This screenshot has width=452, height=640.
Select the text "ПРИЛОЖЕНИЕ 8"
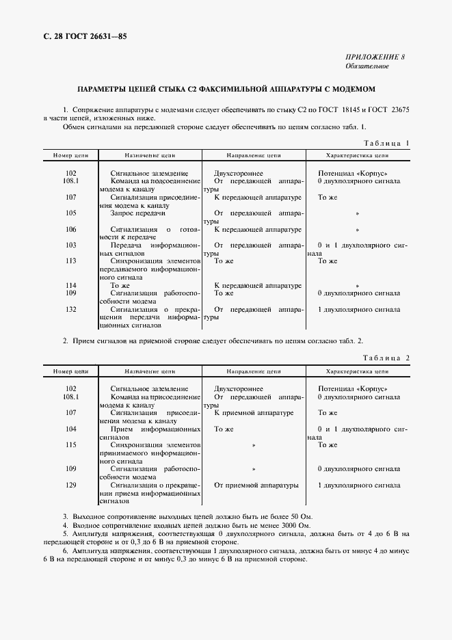click(375, 57)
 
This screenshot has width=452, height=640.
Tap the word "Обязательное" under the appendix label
click(367, 66)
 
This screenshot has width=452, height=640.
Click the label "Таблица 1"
click(386, 144)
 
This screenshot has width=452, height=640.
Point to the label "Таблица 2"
click(386, 358)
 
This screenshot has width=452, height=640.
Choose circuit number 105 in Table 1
click(71, 213)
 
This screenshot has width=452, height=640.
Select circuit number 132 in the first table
click(71, 309)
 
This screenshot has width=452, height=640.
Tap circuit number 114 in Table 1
click(71, 285)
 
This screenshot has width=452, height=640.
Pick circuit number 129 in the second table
click(71, 485)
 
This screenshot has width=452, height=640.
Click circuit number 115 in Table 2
click(71, 444)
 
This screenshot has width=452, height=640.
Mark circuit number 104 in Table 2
click(71, 429)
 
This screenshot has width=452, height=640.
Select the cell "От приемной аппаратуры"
click(256, 485)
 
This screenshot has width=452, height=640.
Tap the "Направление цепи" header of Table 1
click(254, 155)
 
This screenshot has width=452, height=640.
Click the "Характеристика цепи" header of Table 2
click(357, 371)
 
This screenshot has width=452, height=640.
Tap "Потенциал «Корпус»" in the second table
click(353, 388)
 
